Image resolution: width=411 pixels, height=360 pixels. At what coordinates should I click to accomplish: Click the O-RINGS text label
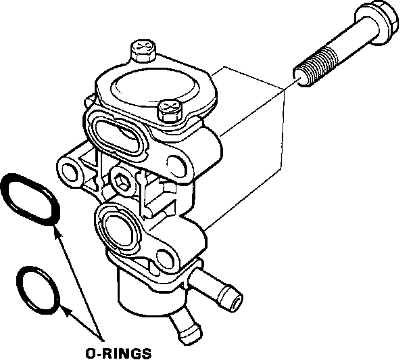click(119, 351)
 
